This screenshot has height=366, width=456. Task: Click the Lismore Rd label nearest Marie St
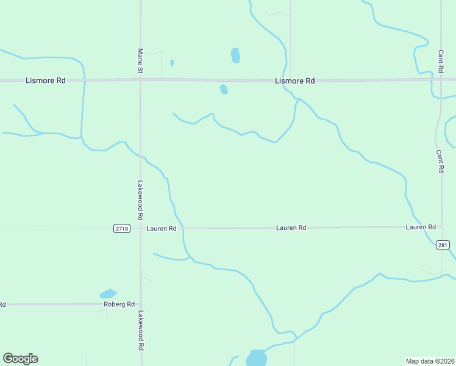pos(45,81)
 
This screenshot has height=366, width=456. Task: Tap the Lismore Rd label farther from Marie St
pos(294,81)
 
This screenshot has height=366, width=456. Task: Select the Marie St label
pos(140,62)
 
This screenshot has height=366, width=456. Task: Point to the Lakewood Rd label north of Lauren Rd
pos(140,199)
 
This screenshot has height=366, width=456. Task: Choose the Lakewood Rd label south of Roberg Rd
pos(140,330)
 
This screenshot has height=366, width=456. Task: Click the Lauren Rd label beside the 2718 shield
pos(162,229)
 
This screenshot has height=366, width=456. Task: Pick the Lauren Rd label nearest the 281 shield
pos(421,228)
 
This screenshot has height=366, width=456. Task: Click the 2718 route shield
pos(122,229)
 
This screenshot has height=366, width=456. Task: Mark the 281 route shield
pos(443,245)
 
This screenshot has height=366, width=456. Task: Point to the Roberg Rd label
pos(118,304)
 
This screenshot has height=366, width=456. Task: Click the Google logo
pos(20,359)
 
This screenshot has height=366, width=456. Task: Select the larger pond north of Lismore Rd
pos(235,56)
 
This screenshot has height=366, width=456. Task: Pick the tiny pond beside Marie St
pos(172,63)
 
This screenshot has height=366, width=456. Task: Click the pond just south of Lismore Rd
pos(224,90)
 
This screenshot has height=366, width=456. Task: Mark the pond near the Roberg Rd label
pos(108,293)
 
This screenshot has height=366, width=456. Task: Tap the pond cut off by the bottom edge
pos(257,357)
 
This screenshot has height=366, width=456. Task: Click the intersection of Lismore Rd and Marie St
pos(140,80)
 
